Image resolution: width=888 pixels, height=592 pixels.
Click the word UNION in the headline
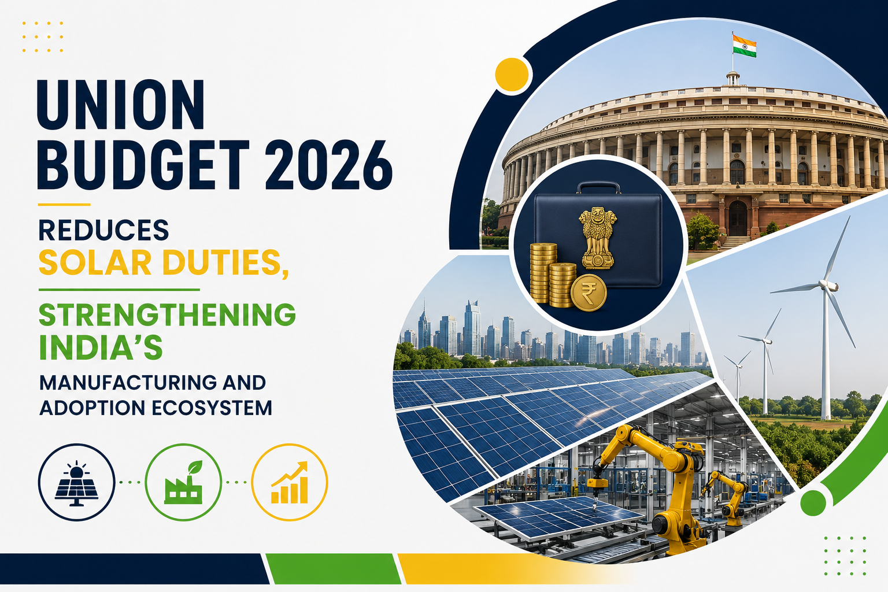[x=120, y=104]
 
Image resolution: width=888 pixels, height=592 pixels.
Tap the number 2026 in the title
[x=328, y=165]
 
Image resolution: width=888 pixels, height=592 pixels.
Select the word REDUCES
[x=104, y=230]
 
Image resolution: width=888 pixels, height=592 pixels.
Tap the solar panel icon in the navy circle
[x=76, y=483]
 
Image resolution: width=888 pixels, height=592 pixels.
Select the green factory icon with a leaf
[x=183, y=482]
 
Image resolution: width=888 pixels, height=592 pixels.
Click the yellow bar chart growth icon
[x=290, y=482]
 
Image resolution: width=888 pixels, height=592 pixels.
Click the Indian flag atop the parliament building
[x=744, y=46]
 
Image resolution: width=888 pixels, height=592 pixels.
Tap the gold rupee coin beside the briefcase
[x=589, y=293]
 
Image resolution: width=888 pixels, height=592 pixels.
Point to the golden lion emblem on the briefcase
[x=598, y=238]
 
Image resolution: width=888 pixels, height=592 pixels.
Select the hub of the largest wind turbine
[x=824, y=284]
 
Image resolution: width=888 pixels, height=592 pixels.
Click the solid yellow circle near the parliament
[x=512, y=75]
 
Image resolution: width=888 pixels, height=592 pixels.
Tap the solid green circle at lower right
[x=813, y=503]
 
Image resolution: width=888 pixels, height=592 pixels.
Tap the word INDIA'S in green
[x=101, y=347]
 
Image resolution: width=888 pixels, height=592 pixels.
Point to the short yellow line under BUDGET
[x=64, y=205]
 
